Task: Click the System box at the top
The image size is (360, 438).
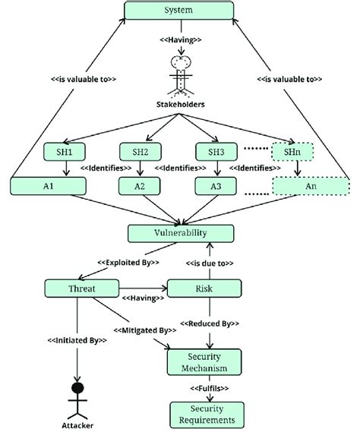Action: tap(179, 11)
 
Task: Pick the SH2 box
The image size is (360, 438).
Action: tap(141, 151)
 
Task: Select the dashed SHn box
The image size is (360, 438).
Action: tap(293, 151)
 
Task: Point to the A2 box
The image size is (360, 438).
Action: tap(141, 184)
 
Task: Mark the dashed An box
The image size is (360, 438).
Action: tap(310, 184)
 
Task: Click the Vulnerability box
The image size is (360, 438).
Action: tap(179, 233)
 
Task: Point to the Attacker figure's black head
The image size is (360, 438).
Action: tap(77, 391)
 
